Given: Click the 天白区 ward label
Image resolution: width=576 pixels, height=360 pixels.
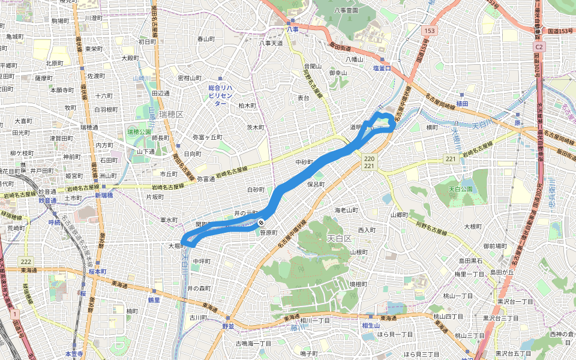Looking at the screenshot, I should click(x=339, y=239).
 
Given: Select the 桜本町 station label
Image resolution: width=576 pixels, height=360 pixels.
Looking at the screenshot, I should click(x=97, y=272).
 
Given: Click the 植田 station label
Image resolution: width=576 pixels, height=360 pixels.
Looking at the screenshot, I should click(x=461, y=104).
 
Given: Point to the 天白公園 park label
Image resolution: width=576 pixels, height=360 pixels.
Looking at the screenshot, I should click(x=461, y=189).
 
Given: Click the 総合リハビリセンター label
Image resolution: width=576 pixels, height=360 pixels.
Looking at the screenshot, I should click(x=221, y=95).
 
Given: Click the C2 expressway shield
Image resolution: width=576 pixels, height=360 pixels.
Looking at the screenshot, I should click(x=539, y=46).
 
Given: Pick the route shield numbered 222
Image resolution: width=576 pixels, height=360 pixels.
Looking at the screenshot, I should click(x=25, y=262).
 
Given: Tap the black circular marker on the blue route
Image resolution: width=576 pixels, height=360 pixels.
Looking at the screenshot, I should click(x=262, y=223).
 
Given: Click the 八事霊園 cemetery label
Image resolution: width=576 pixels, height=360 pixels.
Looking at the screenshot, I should click(x=346, y=10).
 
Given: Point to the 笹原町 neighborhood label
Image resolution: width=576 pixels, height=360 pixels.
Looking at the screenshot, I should click(x=268, y=233).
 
